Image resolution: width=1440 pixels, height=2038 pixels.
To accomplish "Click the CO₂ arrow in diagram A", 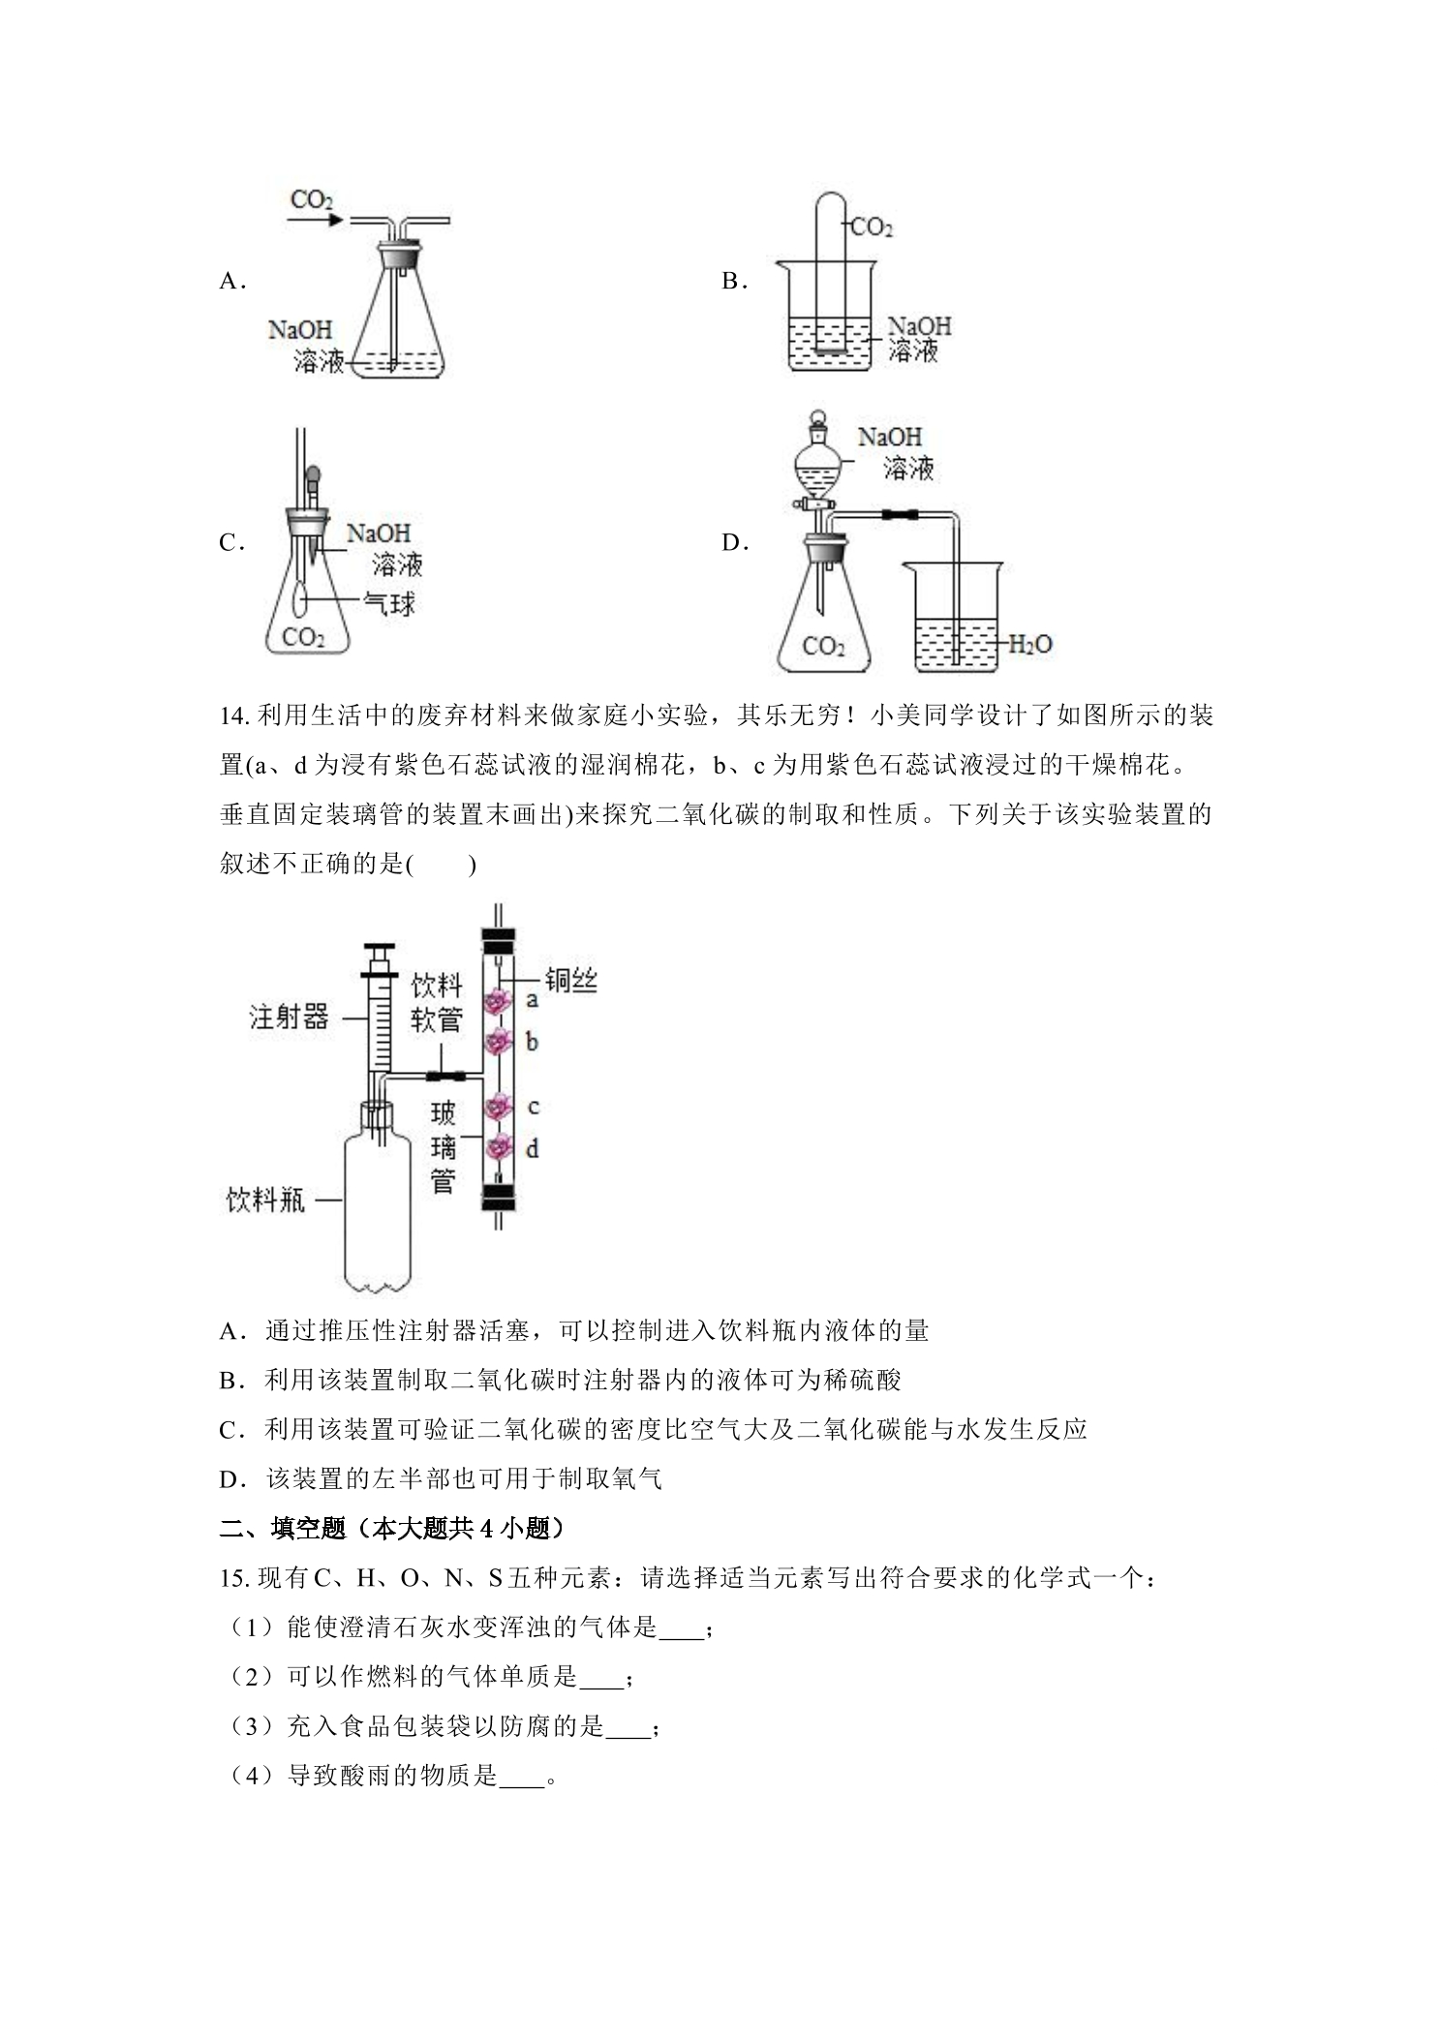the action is point(316,220).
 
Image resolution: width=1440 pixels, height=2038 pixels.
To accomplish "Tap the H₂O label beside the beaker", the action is point(1029,644).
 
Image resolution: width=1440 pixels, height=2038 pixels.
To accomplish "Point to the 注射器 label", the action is point(289,1017).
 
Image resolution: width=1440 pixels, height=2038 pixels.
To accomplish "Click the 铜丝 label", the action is point(570,980).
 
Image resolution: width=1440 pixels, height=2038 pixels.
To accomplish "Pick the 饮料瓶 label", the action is point(265,1201).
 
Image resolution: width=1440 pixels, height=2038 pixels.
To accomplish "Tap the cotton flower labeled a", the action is point(498,1001).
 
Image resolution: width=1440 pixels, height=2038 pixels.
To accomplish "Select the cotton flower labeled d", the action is point(499,1147).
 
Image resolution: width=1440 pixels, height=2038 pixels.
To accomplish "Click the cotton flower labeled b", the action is point(499,1043).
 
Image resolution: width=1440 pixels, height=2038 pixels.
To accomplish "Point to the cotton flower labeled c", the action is point(499,1105).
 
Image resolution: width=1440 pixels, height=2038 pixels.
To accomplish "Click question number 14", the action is point(235,716).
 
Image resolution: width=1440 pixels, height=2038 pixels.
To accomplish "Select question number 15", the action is point(235,1578).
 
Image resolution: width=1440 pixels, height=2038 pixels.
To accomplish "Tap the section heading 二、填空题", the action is point(283,1529).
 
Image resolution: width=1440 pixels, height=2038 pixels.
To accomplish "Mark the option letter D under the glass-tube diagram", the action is point(229,1479).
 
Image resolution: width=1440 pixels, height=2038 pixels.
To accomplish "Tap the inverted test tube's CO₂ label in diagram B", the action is point(872,228).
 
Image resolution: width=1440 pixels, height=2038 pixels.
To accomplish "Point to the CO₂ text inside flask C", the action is point(303,637).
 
